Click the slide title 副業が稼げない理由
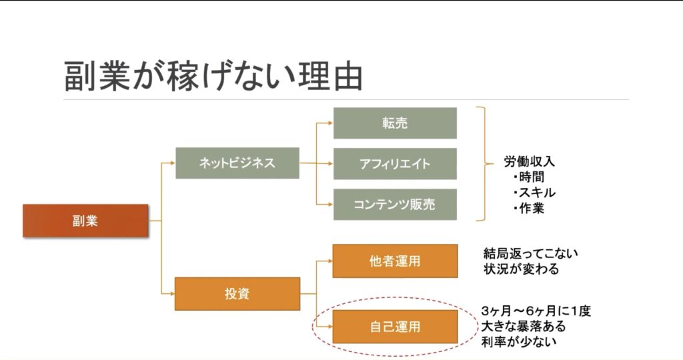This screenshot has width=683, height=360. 213,76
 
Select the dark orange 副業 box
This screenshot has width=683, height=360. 85,221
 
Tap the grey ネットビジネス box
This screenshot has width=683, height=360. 237,163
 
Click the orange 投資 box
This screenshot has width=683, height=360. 237,294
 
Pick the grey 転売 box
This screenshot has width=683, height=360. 395,123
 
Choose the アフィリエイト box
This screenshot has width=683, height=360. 395,164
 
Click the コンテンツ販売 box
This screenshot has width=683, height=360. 395,205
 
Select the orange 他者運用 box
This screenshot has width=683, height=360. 395,261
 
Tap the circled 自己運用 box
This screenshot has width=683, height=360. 395,327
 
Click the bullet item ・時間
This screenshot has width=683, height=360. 530,177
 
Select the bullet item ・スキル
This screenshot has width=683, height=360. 534,193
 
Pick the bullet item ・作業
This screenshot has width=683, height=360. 530,208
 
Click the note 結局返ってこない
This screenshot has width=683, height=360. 531,254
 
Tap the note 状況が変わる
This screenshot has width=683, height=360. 522,270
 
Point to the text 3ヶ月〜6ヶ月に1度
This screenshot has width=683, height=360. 536,311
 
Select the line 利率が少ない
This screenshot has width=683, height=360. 518,342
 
